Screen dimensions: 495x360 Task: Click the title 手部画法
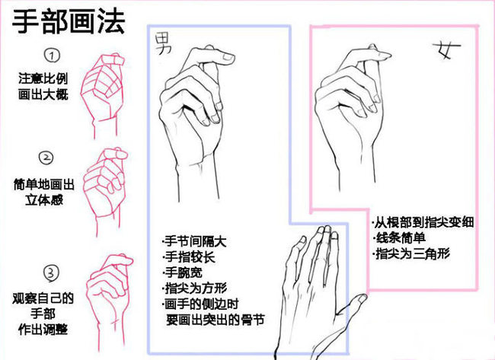click(x=69, y=21)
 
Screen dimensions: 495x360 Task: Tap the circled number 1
click(x=52, y=56)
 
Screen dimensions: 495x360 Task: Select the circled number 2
click(x=46, y=158)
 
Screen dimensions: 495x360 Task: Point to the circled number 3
click(x=51, y=273)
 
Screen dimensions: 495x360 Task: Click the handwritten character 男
click(x=164, y=43)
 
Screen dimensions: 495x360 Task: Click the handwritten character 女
click(x=447, y=49)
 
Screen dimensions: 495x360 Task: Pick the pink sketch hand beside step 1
click(x=102, y=95)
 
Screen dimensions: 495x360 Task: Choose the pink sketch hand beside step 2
click(x=106, y=190)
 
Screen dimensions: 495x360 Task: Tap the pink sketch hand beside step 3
click(x=109, y=301)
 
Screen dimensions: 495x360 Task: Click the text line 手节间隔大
click(x=194, y=242)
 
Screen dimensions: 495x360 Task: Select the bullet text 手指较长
click(x=189, y=256)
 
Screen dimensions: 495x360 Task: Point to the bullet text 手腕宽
click(x=183, y=272)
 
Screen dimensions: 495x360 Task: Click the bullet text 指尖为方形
click(x=195, y=288)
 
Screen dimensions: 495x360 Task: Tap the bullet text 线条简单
click(x=399, y=238)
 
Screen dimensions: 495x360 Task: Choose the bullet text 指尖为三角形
click(x=411, y=253)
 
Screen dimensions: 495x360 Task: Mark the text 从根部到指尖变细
click(x=423, y=222)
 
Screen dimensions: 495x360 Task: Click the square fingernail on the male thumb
click(x=228, y=57)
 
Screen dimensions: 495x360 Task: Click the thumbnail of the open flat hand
click(x=362, y=298)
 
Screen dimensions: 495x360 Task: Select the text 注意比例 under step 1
click(x=43, y=78)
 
